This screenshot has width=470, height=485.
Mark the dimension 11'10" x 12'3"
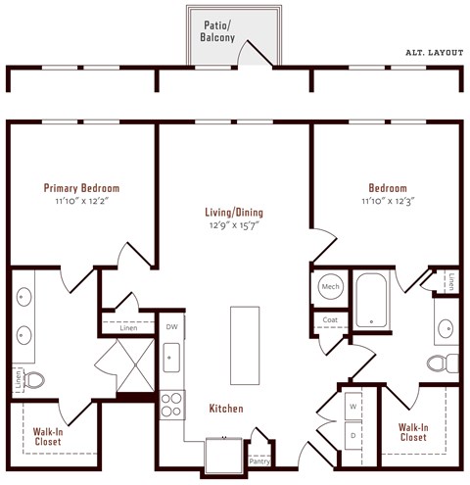(388, 200)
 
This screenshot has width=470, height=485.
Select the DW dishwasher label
(171, 326)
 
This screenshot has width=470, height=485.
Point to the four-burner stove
(171, 404)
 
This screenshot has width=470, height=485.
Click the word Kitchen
(225, 408)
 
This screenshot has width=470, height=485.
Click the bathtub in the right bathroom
(372, 300)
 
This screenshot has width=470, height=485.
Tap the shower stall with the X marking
(127, 365)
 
